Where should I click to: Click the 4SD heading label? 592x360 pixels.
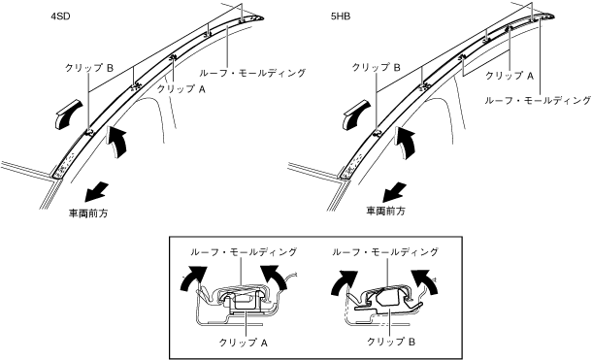[x=60, y=16]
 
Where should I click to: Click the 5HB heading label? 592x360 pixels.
[x=341, y=16]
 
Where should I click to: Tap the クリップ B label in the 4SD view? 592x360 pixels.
[x=89, y=68]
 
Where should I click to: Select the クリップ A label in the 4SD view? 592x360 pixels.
[x=181, y=89]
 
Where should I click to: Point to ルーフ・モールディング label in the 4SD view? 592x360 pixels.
[x=252, y=73]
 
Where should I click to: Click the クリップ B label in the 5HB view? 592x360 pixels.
[x=376, y=68]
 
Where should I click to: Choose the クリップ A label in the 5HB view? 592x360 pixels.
[x=510, y=76]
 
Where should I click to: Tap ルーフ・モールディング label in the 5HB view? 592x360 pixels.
[x=538, y=100]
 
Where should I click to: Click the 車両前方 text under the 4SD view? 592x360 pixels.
[x=88, y=213]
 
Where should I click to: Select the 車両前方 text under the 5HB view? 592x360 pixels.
[x=386, y=212]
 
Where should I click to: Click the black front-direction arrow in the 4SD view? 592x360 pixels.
[x=96, y=191]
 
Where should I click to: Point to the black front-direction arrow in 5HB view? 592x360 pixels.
[x=395, y=192]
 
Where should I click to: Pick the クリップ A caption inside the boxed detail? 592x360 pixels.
[x=244, y=343]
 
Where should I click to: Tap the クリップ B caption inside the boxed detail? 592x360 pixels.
[x=391, y=342]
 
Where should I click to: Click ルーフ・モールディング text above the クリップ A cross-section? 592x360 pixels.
[x=244, y=251]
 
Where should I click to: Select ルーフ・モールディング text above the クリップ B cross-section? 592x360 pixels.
[x=385, y=251]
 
